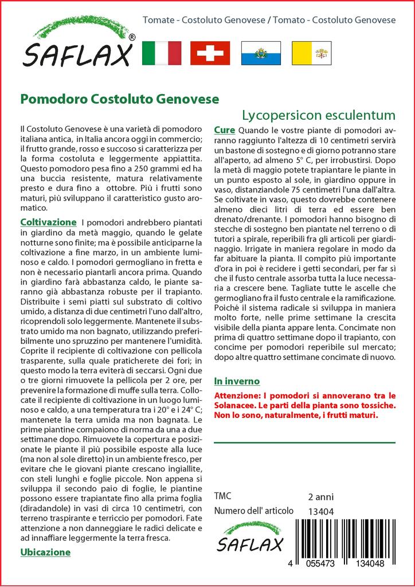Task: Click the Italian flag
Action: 161,53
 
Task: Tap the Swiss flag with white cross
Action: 210,53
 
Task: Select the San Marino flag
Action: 261,53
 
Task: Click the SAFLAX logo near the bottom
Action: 249,537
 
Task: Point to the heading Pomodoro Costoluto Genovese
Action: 119,99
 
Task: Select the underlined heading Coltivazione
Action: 48,222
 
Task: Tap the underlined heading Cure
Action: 224,130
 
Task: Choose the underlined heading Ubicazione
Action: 45,552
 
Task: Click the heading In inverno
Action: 237,381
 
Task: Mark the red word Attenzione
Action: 235,396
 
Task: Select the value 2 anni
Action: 320,496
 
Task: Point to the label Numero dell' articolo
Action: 253,511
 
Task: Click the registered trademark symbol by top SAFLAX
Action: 132,37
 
